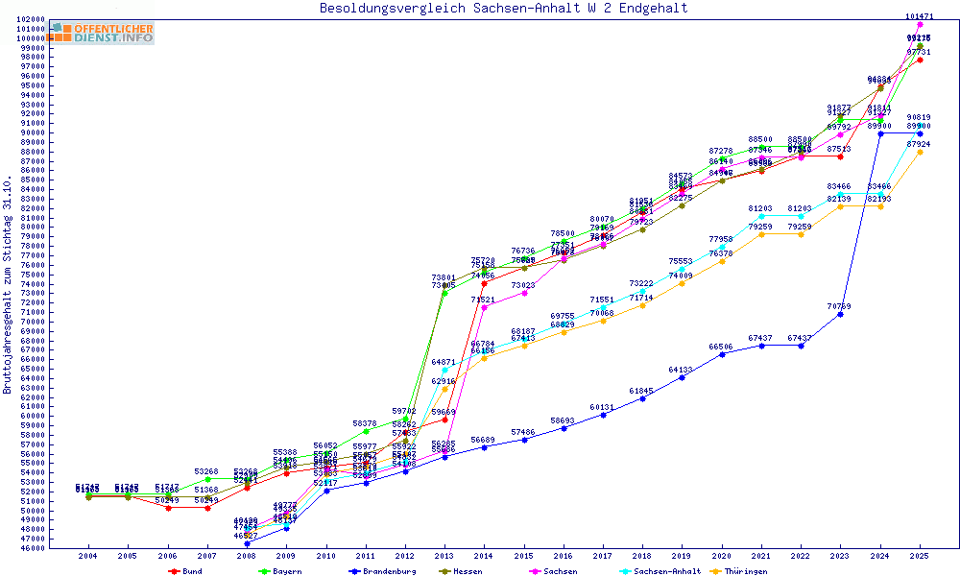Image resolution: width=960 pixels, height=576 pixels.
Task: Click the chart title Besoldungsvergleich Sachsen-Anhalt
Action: point(504,9)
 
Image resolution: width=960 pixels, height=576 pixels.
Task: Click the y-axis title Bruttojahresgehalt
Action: point(8,285)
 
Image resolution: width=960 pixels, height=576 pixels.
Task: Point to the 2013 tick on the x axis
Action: point(444,556)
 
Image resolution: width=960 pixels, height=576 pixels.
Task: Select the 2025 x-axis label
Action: point(920,556)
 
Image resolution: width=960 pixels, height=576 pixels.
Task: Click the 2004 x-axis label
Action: point(88,556)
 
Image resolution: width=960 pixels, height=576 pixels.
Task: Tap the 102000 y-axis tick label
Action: point(34,19)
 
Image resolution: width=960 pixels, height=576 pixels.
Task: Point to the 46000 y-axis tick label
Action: point(34,548)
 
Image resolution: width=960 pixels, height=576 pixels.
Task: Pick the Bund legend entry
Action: point(189,571)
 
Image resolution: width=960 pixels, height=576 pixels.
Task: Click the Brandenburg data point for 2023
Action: point(840,314)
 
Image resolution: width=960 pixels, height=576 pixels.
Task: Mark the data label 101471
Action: point(920,16)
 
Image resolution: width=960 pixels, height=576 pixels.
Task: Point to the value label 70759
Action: point(838,306)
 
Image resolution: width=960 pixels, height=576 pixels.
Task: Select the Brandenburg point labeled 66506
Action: point(722,353)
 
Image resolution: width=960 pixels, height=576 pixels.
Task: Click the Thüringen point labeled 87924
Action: point(920,152)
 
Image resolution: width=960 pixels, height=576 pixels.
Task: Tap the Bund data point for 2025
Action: point(920,60)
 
